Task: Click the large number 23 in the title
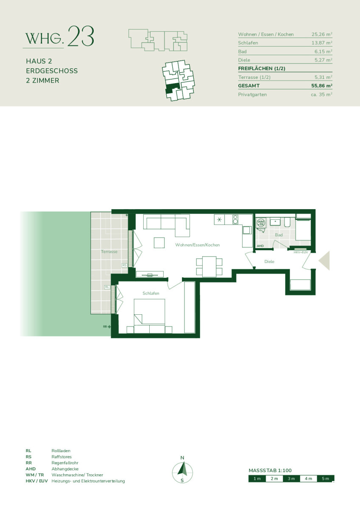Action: click(x=81, y=36)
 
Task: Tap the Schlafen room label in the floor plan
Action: click(x=151, y=293)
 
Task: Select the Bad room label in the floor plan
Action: click(x=279, y=235)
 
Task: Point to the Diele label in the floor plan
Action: click(x=269, y=262)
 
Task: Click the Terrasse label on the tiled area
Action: click(x=109, y=252)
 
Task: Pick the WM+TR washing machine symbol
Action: click(x=261, y=222)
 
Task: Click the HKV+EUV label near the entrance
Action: click(x=301, y=252)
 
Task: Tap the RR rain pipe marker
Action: click(x=107, y=327)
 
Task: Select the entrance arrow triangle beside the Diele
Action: click(x=325, y=260)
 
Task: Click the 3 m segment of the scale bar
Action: click(x=291, y=478)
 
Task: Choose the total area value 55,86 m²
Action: click(x=321, y=86)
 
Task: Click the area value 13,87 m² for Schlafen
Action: click(x=321, y=43)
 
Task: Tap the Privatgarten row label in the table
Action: click(x=252, y=95)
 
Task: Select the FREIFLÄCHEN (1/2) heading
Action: click(x=262, y=68)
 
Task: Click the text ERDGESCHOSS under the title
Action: click(x=52, y=71)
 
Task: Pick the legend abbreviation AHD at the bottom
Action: click(x=31, y=469)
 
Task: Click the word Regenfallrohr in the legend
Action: click(x=65, y=463)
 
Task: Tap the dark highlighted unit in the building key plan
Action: click(x=173, y=87)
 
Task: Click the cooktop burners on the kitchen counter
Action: click(x=235, y=220)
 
